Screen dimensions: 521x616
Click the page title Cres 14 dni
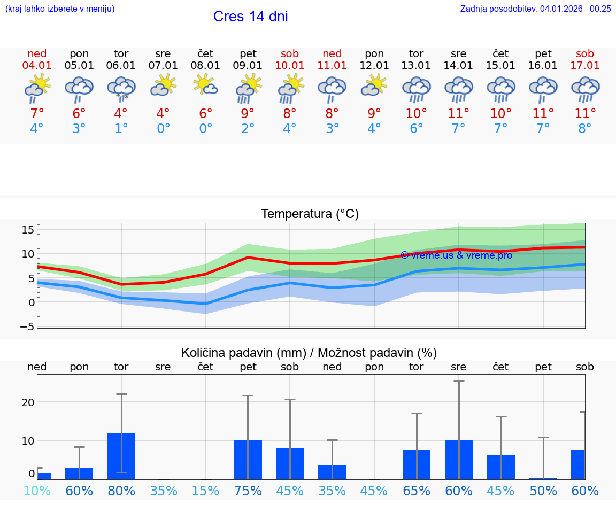(250, 17)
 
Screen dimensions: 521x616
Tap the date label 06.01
(121, 65)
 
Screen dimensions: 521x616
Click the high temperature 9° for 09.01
(248, 113)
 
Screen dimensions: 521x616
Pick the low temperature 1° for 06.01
(121, 129)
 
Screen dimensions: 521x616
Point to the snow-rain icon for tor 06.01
(121, 89)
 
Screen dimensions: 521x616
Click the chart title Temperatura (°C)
(310, 214)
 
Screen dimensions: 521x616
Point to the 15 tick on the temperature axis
(28, 229)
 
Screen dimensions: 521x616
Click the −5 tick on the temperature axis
(27, 326)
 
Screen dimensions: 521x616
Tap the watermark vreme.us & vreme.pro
(456, 255)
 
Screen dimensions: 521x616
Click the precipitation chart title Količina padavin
(309, 353)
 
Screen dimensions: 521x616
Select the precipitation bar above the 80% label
(121, 456)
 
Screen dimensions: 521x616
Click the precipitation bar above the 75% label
(248, 460)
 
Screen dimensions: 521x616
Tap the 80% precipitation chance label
(121, 491)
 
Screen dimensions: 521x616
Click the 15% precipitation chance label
(205, 491)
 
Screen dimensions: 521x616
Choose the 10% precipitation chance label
(37, 491)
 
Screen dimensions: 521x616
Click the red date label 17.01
(585, 65)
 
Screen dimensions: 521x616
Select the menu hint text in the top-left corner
(60, 9)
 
